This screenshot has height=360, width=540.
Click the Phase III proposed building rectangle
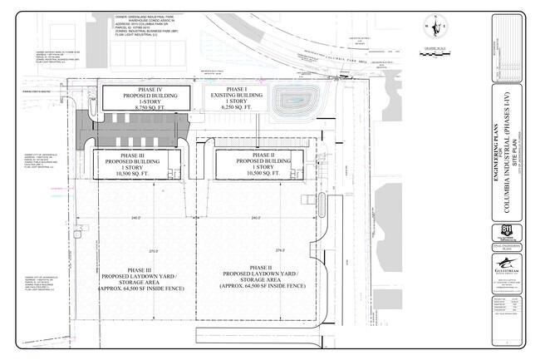[132, 164]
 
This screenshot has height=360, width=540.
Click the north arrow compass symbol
[435, 27]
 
